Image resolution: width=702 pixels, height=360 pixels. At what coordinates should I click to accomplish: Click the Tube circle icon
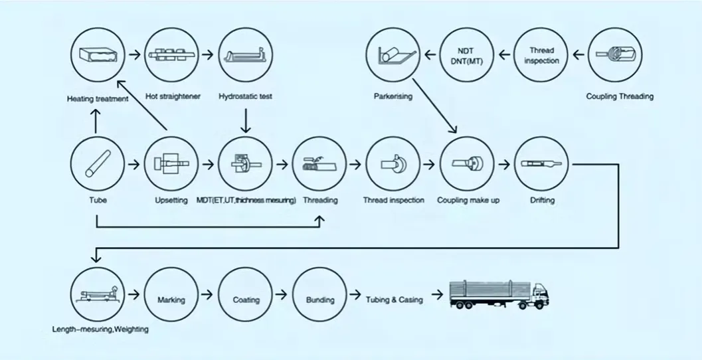tap(97, 163)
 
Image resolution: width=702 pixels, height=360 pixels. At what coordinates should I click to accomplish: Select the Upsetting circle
tap(171, 163)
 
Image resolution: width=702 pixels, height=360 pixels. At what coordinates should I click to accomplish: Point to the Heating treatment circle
tap(98, 56)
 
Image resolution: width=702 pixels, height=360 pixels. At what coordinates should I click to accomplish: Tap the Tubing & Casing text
tap(394, 300)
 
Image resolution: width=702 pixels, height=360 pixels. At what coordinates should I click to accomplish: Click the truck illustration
tap(499, 293)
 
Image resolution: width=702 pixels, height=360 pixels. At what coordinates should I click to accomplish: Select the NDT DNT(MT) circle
tap(469, 56)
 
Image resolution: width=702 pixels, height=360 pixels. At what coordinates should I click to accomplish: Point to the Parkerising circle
tap(393, 56)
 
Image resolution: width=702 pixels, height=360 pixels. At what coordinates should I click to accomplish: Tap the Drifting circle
tap(541, 163)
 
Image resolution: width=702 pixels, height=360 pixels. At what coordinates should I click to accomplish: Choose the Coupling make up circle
tap(468, 163)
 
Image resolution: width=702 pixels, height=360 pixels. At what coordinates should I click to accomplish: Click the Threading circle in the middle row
tap(319, 163)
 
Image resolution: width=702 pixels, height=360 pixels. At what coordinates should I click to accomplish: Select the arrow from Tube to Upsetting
tap(134, 163)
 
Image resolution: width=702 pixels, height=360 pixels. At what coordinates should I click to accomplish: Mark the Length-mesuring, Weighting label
tap(100, 329)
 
